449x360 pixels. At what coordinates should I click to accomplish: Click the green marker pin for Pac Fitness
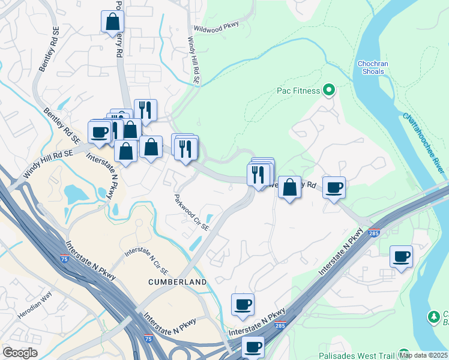pyautogui.click(x=328, y=91)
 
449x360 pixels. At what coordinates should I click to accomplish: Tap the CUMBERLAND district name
pyautogui.click(x=178, y=281)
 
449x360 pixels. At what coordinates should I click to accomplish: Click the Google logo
pyautogui.click(x=20, y=353)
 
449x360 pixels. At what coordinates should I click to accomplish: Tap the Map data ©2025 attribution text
pyautogui.click(x=423, y=355)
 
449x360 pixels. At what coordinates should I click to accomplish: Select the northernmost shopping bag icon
pyautogui.click(x=112, y=22)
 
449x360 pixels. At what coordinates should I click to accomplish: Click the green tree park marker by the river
pyautogui.click(x=433, y=316)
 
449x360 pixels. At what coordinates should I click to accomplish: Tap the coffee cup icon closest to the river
pyautogui.click(x=401, y=257)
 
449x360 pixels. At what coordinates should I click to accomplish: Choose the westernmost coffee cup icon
pyautogui.click(x=99, y=131)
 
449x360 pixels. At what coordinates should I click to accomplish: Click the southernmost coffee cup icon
pyautogui.click(x=253, y=346)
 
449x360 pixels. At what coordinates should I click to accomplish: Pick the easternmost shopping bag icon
pyautogui.click(x=289, y=187)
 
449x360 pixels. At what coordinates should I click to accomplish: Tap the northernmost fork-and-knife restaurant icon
pyautogui.click(x=145, y=110)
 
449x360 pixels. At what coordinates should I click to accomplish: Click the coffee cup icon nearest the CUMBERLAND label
pyautogui.click(x=243, y=304)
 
